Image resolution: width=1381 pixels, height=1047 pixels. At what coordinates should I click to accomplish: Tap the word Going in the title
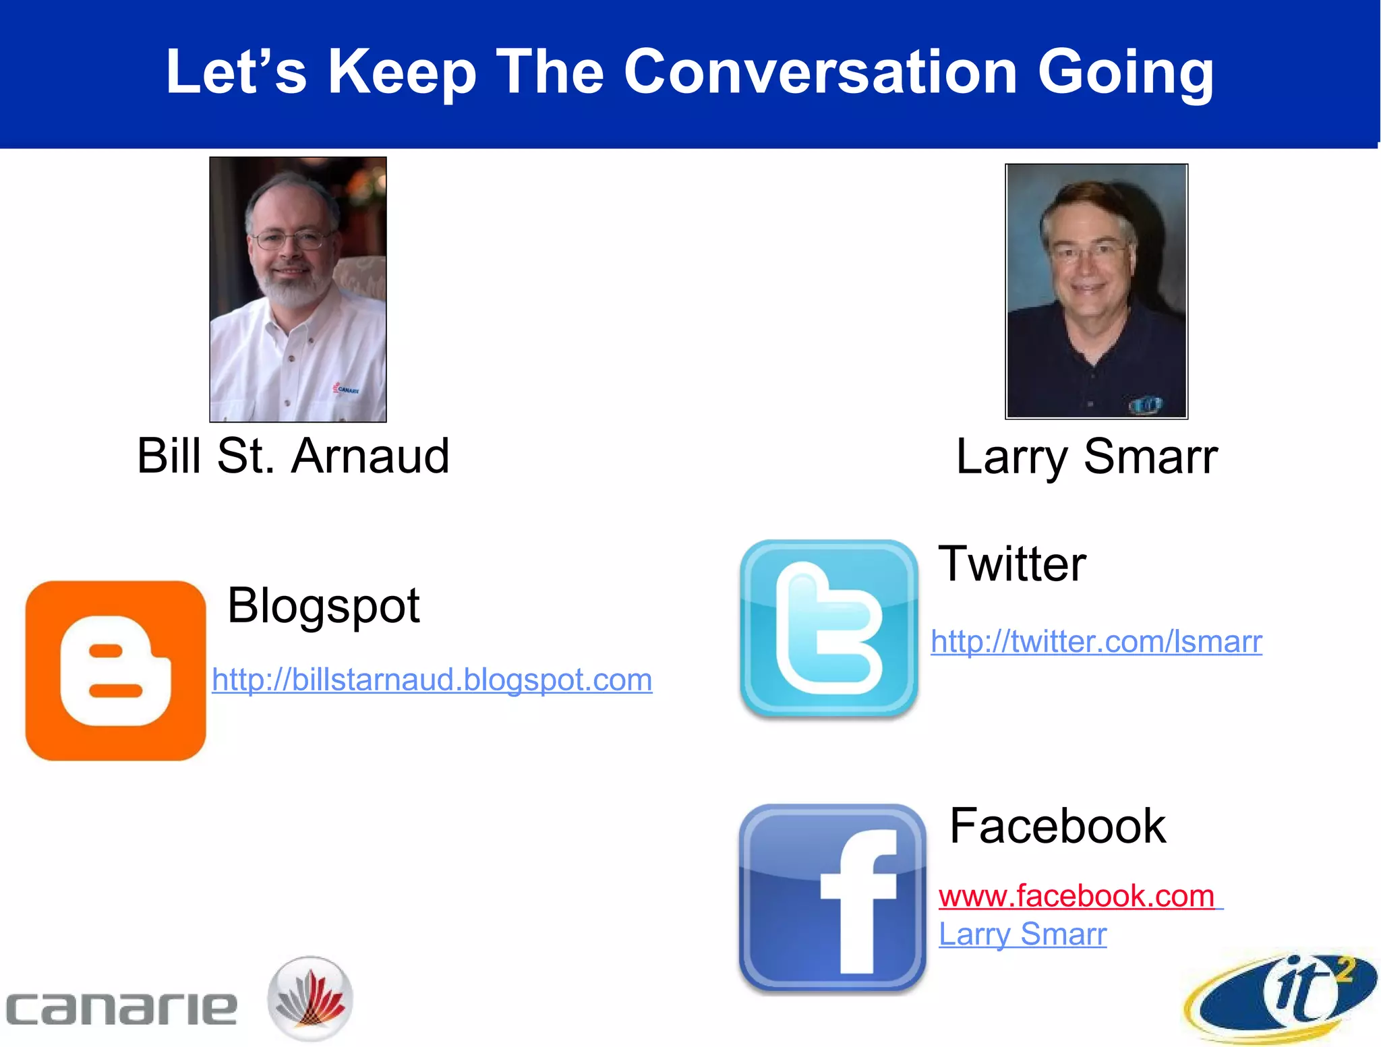click(x=1126, y=73)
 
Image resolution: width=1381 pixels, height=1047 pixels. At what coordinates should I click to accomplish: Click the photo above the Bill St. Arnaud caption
click(x=298, y=289)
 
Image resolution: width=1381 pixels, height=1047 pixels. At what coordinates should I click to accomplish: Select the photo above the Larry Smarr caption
click(x=1096, y=291)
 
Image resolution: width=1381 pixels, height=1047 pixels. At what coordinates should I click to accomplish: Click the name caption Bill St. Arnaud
click(x=293, y=456)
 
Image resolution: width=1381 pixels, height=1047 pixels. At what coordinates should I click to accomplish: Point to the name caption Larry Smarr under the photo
click(x=1087, y=457)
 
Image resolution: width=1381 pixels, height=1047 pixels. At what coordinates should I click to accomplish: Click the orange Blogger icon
click(x=115, y=671)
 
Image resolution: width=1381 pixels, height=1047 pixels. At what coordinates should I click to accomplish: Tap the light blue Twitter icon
click(x=829, y=628)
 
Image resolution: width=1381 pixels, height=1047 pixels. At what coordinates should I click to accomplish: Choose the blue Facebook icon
click(x=833, y=897)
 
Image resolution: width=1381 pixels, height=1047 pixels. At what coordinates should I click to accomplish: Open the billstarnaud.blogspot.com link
click(x=432, y=680)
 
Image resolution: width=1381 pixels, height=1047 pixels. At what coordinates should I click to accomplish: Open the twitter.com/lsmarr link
click(x=1096, y=641)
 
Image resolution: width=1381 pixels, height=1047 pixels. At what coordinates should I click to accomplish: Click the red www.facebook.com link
click(x=1077, y=896)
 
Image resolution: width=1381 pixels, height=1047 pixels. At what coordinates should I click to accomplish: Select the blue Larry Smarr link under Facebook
click(x=1023, y=934)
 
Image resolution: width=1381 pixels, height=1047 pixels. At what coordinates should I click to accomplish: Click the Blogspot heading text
click(x=324, y=605)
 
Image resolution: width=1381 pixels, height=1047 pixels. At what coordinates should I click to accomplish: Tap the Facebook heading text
click(x=1058, y=826)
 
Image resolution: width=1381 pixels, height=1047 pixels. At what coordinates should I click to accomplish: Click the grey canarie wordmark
click(x=122, y=1009)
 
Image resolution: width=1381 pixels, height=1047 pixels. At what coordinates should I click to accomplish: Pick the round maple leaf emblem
click(x=310, y=998)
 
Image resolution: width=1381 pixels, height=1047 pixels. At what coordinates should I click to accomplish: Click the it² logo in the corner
click(x=1281, y=995)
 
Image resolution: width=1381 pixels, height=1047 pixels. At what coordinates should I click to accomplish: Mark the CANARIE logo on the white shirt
click(x=347, y=389)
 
